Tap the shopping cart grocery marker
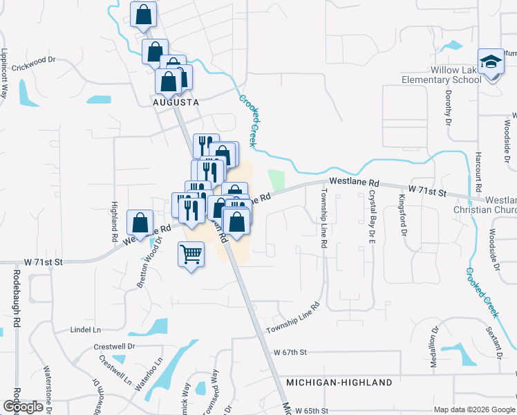click(x=191, y=254)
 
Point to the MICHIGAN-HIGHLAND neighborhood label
click(x=339, y=382)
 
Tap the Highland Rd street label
click(x=115, y=221)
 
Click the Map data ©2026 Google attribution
click(x=473, y=409)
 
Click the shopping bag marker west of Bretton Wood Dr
click(x=140, y=223)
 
